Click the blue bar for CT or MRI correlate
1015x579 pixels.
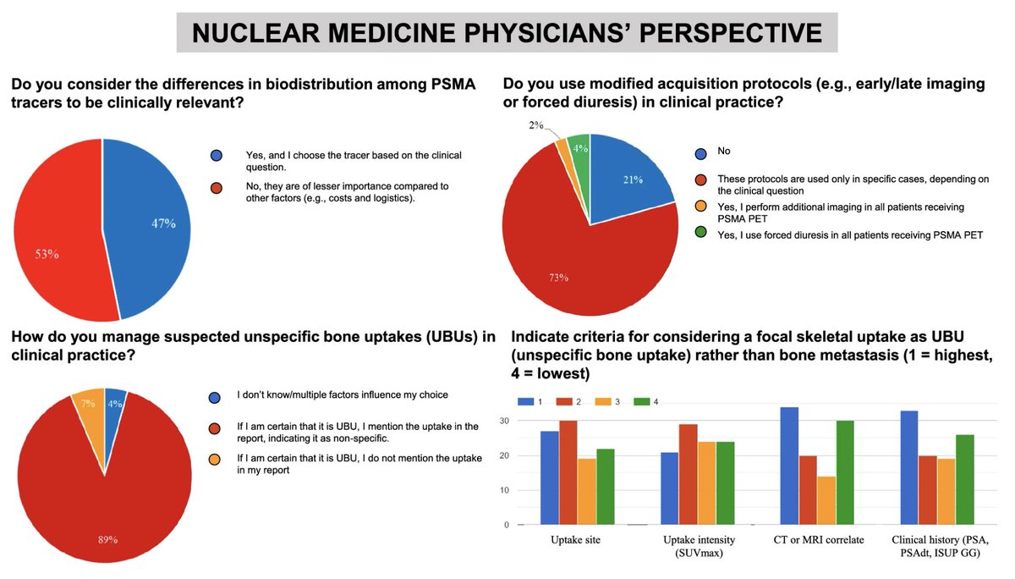click(x=789, y=466)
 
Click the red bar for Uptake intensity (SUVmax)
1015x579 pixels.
click(x=688, y=474)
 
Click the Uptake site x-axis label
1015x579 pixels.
click(x=576, y=540)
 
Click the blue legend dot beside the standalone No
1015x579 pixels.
click(x=700, y=153)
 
